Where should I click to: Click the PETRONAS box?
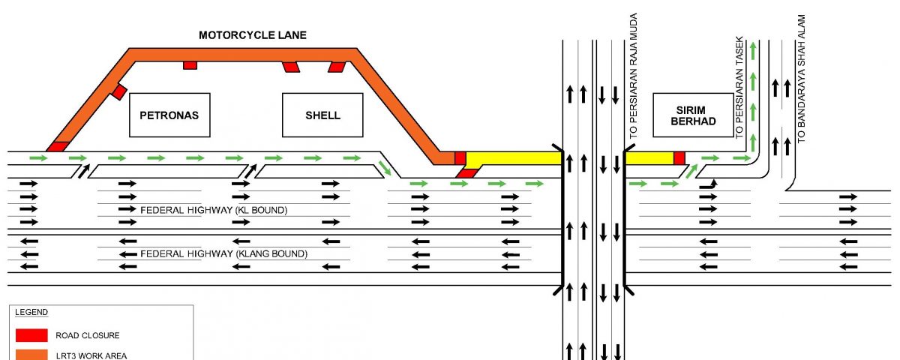tap(169, 115)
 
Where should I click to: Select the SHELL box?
tap(322, 115)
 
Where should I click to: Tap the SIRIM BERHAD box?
tap(694, 115)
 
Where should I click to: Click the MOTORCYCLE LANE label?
tap(252, 35)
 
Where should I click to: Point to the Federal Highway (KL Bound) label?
tap(214, 210)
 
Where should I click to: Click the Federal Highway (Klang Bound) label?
tap(223, 254)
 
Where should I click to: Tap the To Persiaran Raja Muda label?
tap(634, 76)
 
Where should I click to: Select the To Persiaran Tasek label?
tap(739, 88)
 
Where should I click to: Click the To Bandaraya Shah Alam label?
tap(802, 79)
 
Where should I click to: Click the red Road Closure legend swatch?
tap(31, 335)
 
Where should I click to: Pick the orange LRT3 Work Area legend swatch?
tap(31, 355)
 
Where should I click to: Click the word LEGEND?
tap(31, 312)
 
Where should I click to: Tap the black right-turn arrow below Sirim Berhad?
tap(709, 185)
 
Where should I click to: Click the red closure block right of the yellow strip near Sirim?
tap(679, 158)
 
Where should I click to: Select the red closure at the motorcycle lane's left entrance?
tap(58, 147)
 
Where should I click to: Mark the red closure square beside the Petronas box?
tap(119, 92)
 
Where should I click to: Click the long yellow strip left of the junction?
tap(514, 159)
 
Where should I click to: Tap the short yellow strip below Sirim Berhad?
tap(649, 158)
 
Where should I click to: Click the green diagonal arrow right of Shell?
tap(385, 168)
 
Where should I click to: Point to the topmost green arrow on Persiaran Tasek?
tap(753, 52)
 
